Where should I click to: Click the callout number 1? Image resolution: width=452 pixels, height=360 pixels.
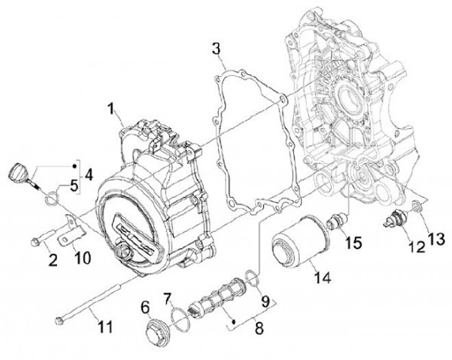[x=111, y=112]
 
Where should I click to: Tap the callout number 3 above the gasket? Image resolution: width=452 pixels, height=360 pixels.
[x=215, y=48]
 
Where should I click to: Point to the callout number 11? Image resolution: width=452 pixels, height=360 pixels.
[x=106, y=327]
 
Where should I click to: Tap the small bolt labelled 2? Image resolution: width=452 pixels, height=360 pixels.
[x=38, y=239]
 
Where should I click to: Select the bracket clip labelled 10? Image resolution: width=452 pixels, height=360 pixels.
[x=71, y=230]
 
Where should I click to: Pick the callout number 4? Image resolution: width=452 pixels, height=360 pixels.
[x=89, y=173]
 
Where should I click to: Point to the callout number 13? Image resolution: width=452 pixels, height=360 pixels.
[x=435, y=239]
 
